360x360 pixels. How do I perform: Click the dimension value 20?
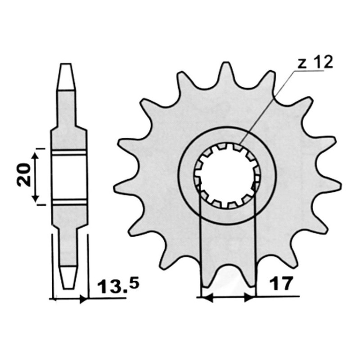(x=25, y=176)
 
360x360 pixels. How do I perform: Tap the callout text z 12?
(x=315, y=63)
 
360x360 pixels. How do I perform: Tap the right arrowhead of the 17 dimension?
(x=250, y=297)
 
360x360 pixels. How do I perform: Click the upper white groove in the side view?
(x=68, y=153)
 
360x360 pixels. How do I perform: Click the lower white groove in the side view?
(x=68, y=202)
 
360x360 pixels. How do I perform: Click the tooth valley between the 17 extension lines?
(x=227, y=274)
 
